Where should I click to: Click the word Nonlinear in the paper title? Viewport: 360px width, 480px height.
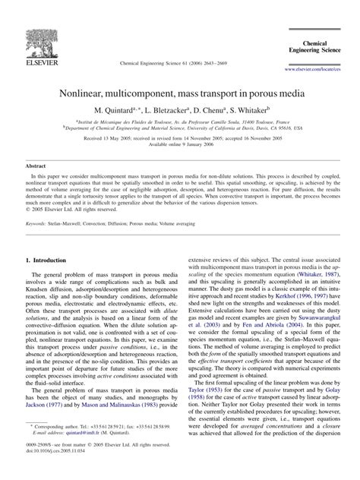pos(109,93)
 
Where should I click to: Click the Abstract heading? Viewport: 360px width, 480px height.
pos(36,164)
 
